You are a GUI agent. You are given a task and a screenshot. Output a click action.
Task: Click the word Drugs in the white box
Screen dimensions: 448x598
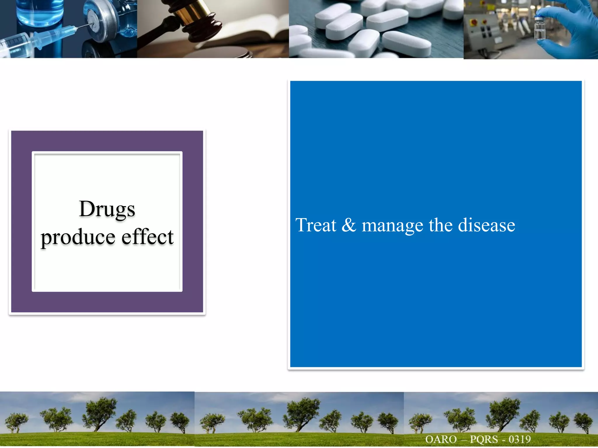pos(107,209)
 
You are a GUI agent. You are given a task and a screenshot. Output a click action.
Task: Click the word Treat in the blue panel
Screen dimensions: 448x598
pos(316,225)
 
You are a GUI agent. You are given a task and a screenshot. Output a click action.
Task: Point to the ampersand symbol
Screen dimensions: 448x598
pos(349,225)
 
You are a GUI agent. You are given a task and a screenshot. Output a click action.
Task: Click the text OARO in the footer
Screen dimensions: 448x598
pos(441,439)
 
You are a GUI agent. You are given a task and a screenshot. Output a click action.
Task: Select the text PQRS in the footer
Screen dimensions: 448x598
pos(484,439)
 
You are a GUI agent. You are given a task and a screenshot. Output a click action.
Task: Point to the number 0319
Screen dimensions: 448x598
pos(520,439)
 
